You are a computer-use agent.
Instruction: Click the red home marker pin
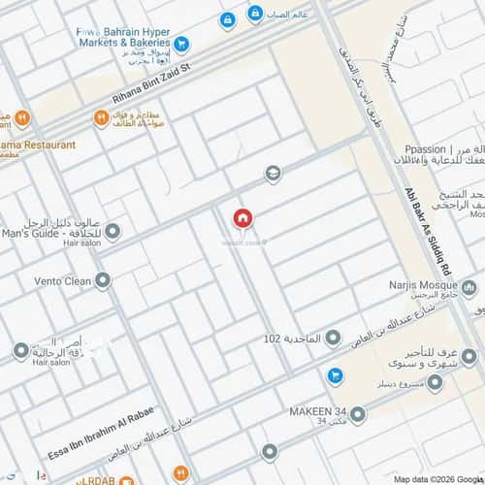pos(241,219)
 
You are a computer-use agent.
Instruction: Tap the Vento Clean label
pos(63,281)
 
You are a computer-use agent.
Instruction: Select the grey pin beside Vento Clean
pos(103,281)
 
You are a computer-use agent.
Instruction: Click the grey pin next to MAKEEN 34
pos(358,415)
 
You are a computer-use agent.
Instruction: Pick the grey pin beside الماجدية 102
pos(333,338)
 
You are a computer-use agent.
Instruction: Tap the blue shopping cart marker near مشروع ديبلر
pos(335,374)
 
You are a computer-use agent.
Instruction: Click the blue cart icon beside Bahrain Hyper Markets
pos(180,43)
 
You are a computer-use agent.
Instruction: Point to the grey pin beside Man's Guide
pos(113,232)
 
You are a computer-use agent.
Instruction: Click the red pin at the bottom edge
pos(269,452)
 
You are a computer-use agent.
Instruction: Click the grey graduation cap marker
pos(274,174)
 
